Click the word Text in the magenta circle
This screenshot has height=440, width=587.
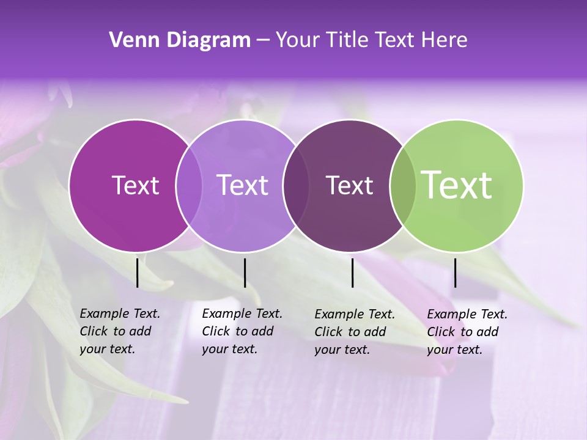pyautogui.click(x=135, y=185)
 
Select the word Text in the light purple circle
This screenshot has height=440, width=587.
pyautogui.click(x=242, y=185)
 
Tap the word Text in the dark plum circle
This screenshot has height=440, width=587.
pyautogui.click(x=349, y=185)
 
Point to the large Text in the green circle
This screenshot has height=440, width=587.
pyautogui.click(x=457, y=185)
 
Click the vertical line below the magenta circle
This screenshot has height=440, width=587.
pyautogui.click(x=138, y=273)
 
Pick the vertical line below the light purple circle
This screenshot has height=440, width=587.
pyautogui.click(x=245, y=273)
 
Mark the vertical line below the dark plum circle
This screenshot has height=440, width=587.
pyautogui.click(x=352, y=273)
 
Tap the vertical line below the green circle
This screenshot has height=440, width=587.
pyautogui.click(x=455, y=273)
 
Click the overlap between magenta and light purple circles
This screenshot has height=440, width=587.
pyautogui.click(x=189, y=185)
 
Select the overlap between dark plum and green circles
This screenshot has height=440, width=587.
pyautogui.click(x=403, y=185)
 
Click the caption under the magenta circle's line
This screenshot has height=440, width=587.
pyautogui.click(x=120, y=331)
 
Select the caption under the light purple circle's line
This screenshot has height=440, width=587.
pyautogui.click(x=242, y=331)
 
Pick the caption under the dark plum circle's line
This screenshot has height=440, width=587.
pyautogui.click(x=355, y=332)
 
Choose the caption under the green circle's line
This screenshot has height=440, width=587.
pyautogui.click(x=467, y=332)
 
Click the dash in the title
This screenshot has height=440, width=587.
pyautogui.click(x=263, y=41)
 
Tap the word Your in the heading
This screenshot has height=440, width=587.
pyautogui.click(x=297, y=40)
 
